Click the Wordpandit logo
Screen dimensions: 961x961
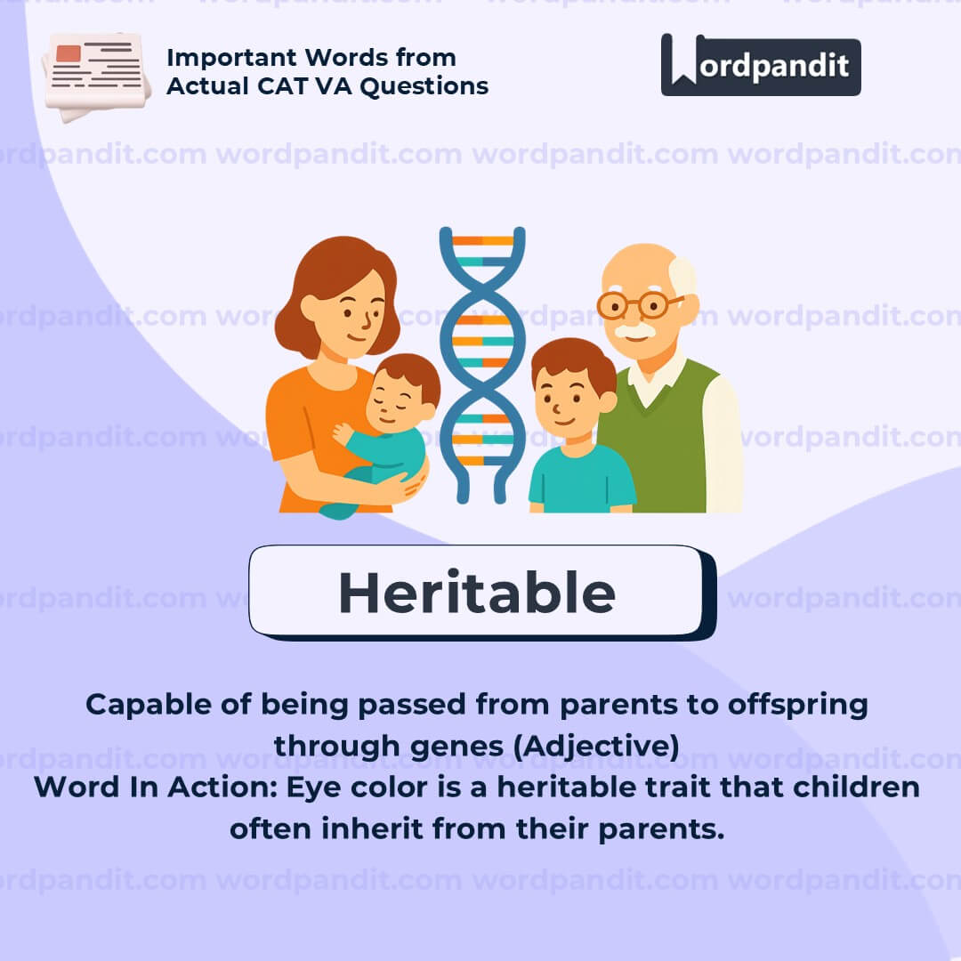(761, 64)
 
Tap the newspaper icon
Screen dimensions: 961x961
(96, 76)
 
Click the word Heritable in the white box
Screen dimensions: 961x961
(477, 592)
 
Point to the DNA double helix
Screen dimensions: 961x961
(482, 365)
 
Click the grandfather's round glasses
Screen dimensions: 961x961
(638, 305)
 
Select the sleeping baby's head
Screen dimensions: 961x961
(402, 391)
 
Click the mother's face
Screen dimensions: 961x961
(354, 312)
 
